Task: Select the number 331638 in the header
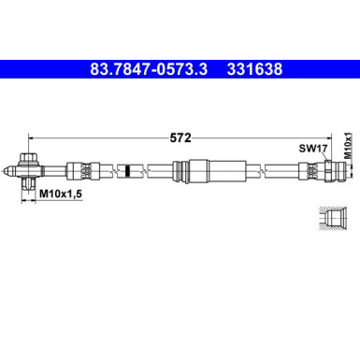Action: (x=252, y=68)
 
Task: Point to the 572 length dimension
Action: (x=181, y=137)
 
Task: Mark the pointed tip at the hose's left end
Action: (x=7, y=172)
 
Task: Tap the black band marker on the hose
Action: (x=125, y=172)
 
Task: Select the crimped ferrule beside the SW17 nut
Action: (x=305, y=172)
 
